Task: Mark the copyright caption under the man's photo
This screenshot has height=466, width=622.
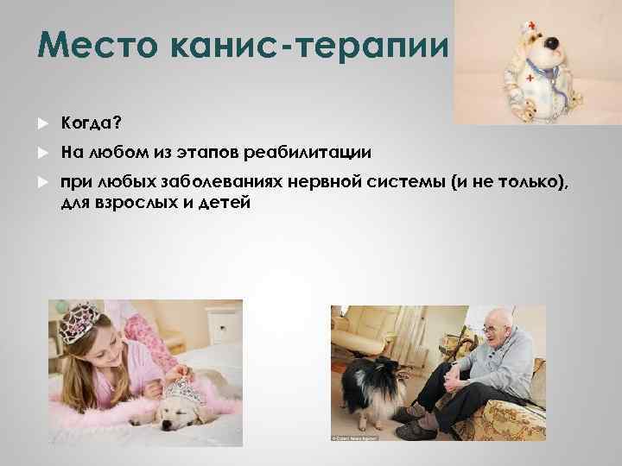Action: [356, 438]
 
